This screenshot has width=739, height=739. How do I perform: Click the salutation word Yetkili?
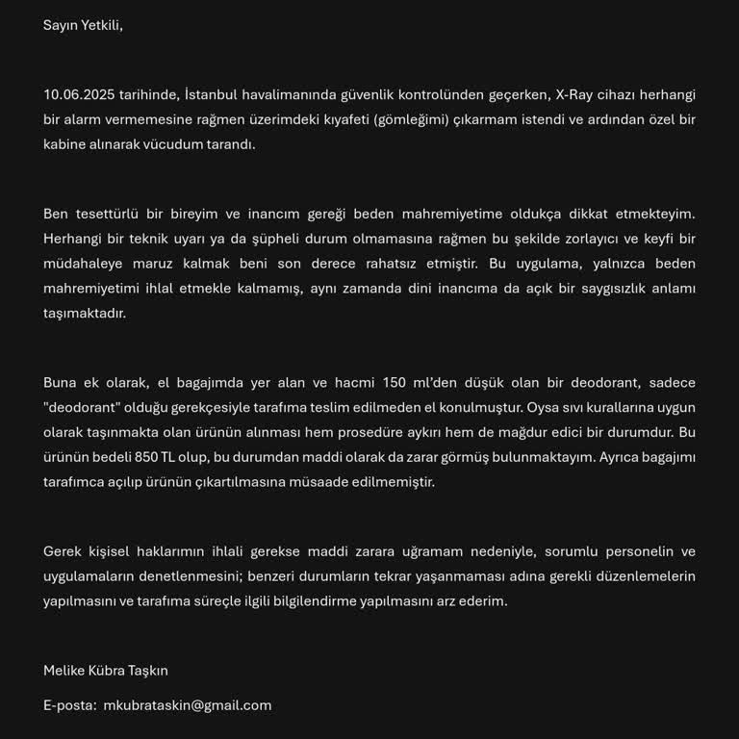(x=100, y=25)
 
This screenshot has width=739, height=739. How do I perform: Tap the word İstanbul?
(x=212, y=94)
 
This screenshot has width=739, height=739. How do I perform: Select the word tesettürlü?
(x=107, y=214)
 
